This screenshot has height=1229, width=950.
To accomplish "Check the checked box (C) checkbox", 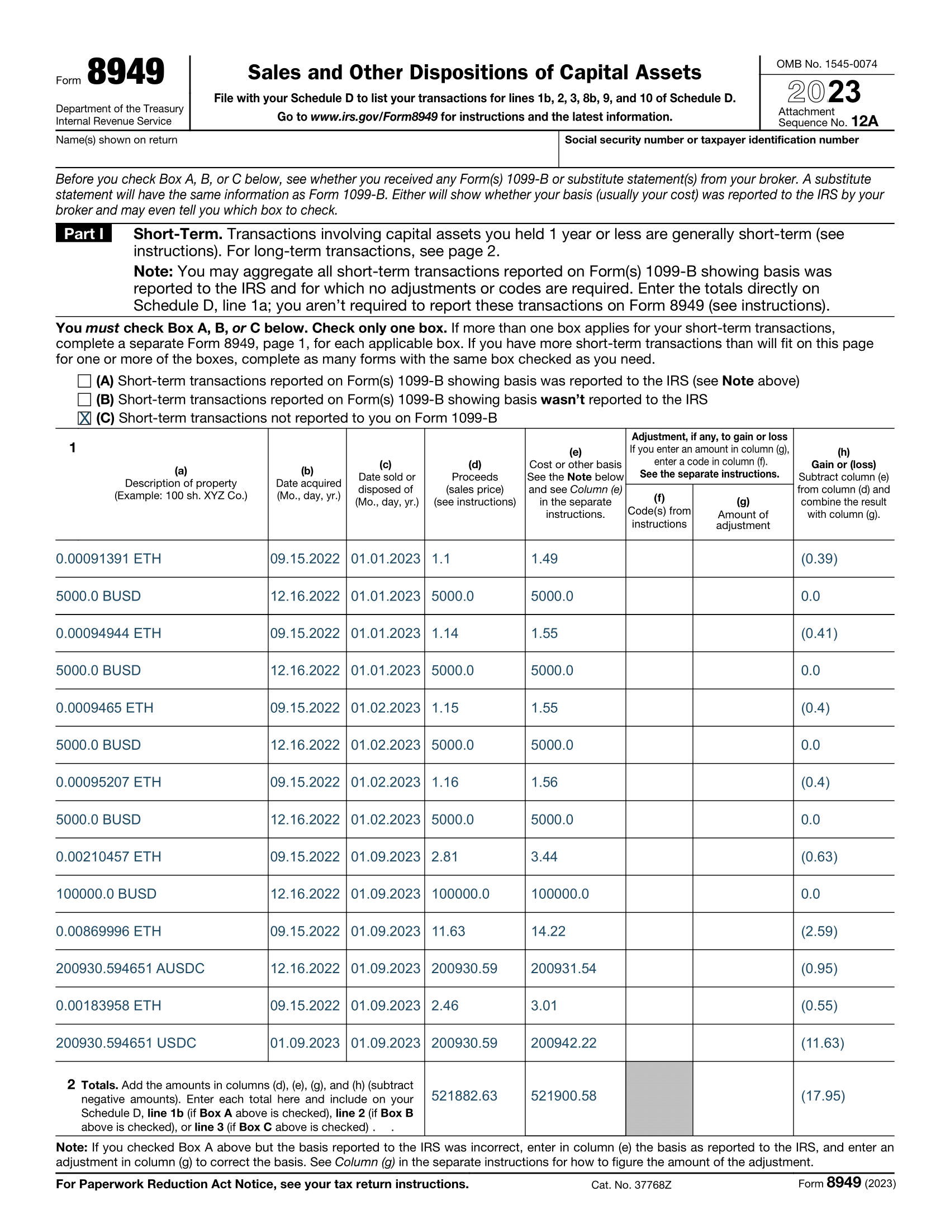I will pos(84,418).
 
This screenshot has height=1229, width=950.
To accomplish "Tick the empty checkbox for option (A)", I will pos(84,381).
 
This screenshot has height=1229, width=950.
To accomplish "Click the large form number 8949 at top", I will pos(126,72).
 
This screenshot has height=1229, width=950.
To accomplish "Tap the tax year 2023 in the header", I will pos(824,92).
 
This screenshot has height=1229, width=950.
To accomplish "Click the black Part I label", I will pos(84,234).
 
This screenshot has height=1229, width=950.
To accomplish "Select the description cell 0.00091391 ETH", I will pos(108,559).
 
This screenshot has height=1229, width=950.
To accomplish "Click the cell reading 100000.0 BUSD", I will pos(106,894).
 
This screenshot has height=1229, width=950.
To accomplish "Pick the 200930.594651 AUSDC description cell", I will pos(130,968).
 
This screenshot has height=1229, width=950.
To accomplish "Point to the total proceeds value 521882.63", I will pos(464,1095).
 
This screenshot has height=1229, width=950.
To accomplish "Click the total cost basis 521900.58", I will pos(563,1095).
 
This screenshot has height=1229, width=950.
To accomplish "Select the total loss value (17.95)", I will pos(823,1095).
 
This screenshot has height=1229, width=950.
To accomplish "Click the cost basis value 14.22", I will pos(548,931).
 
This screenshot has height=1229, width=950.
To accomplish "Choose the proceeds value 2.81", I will pos(445,856).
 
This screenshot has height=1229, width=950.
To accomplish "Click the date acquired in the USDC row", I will pos(305,1043).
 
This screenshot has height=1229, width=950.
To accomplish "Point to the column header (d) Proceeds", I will pos(475,483).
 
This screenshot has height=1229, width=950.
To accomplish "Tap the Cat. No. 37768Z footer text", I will pos(631,1184).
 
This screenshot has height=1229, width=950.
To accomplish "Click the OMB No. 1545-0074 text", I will pos(826,64).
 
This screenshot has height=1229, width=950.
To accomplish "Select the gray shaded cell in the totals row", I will pos(659,1097).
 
